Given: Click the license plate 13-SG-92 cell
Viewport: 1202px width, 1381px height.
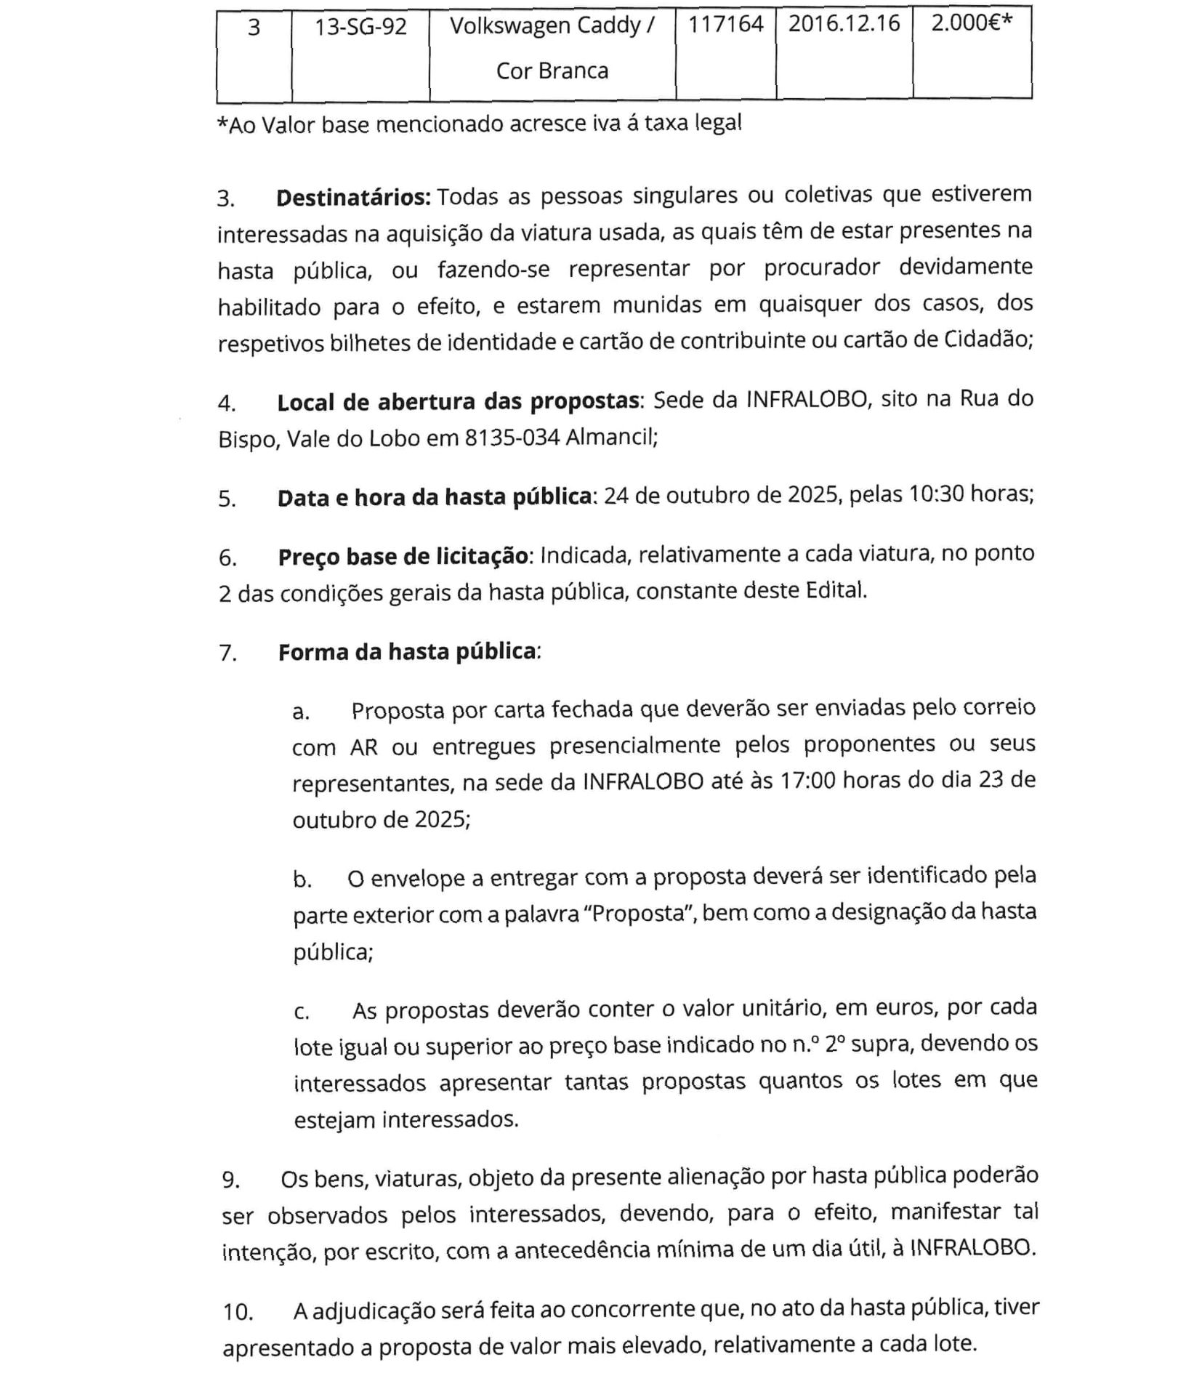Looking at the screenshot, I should tap(360, 28).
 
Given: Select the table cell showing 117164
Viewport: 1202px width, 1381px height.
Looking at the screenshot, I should tap(725, 25).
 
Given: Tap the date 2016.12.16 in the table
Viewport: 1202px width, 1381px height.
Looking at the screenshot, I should tap(844, 24).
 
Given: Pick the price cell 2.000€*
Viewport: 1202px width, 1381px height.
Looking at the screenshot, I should tap(972, 23).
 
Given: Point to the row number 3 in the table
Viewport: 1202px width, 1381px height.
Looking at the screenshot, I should tap(254, 28).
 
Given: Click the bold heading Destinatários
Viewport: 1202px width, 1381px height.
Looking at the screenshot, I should tap(354, 198).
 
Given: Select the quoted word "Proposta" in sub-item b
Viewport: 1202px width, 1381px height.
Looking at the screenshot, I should tap(640, 913).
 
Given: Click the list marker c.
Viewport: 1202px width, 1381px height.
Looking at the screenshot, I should tap(302, 1012).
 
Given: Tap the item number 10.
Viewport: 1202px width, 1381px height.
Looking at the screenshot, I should tap(238, 1312).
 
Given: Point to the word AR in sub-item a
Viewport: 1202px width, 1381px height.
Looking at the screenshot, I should tap(363, 747).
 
